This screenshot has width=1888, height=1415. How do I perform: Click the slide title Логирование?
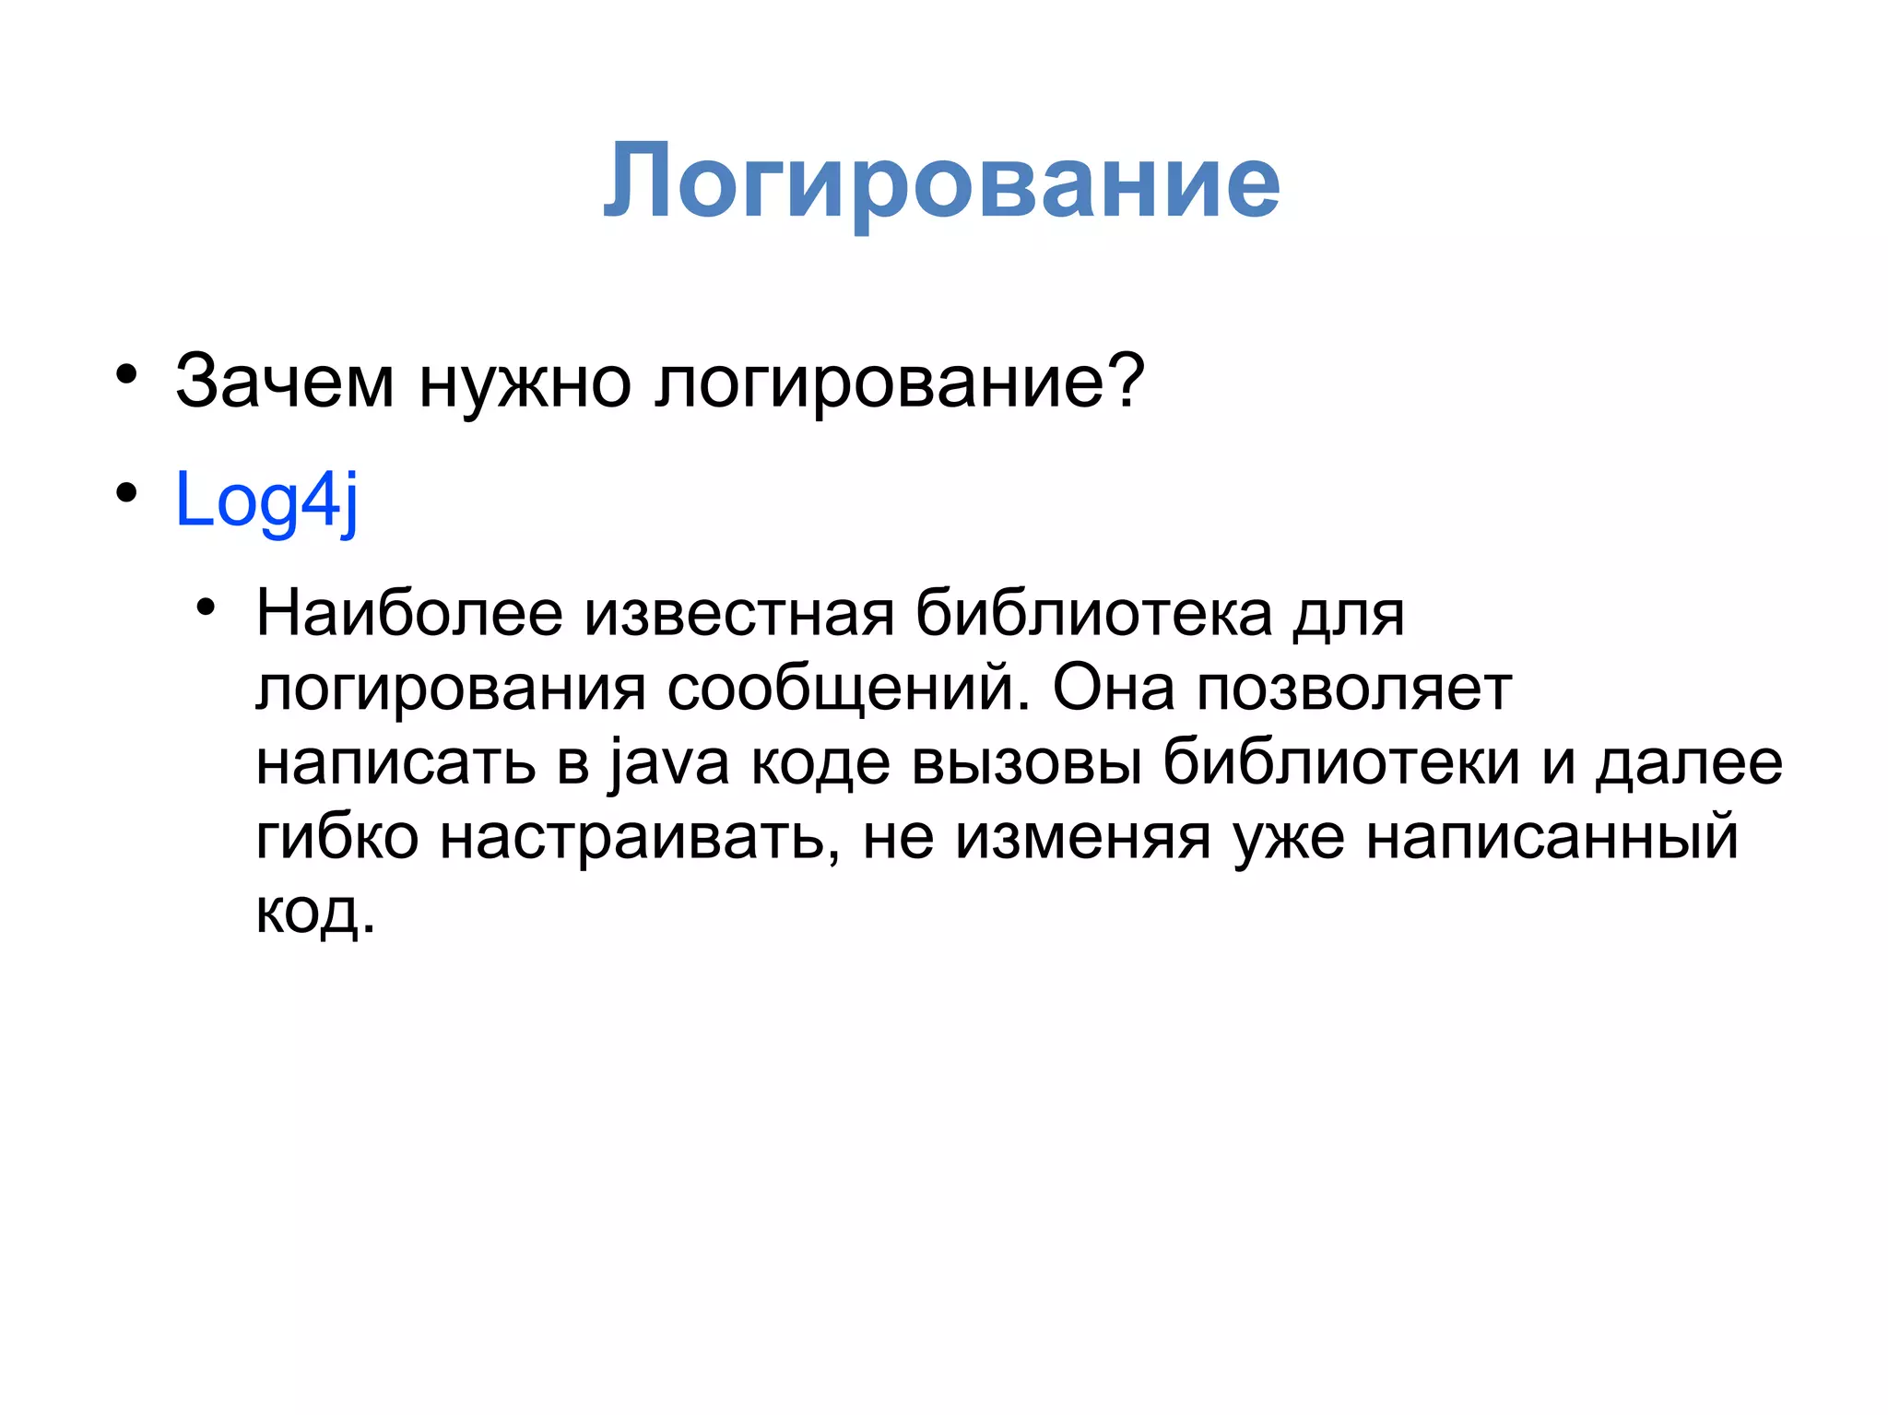pyautogui.click(x=941, y=183)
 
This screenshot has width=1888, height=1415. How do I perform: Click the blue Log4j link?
pyautogui.click(x=265, y=500)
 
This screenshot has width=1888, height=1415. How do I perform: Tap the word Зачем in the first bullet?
pyautogui.click(x=285, y=381)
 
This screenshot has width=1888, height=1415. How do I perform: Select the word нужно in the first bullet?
pyautogui.click(x=525, y=381)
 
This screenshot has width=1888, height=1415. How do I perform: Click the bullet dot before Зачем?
pyautogui.click(x=126, y=375)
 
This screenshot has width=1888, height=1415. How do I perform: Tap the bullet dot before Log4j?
pyautogui.click(x=126, y=493)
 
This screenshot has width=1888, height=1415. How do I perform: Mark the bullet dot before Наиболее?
pyautogui.click(x=205, y=607)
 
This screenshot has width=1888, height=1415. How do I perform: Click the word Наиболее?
pyautogui.click(x=409, y=613)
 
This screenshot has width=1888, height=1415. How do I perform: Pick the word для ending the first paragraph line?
pyautogui.click(x=1348, y=615)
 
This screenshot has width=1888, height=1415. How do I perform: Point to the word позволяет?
pyautogui.click(x=1354, y=690)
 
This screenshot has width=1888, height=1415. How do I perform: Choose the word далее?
pyautogui.click(x=1689, y=764)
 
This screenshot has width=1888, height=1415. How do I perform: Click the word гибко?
pyautogui.click(x=336, y=838)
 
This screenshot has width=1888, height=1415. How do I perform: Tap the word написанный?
pyautogui.click(x=1552, y=838)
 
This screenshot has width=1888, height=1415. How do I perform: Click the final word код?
pyautogui.click(x=313, y=913)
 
